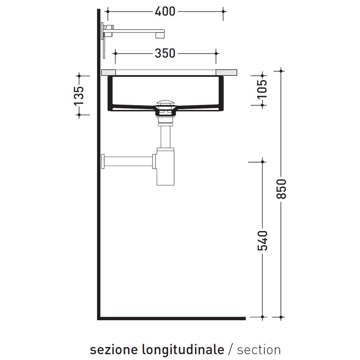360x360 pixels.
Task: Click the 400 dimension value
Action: click(x=165, y=11)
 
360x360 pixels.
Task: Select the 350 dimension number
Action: click(x=165, y=53)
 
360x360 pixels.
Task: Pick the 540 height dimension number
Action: click(x=263, y=240)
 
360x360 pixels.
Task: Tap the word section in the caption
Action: click(x=259, y=350)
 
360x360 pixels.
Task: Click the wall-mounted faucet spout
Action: click(x=140, y=32)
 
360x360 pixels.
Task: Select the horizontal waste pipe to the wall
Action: click(x=129, y=161)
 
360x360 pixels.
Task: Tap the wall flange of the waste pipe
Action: click(x=102, y=161)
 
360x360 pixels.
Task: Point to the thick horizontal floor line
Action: click(x=172, y=318)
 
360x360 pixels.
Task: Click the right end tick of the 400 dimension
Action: click(x=224, y=12)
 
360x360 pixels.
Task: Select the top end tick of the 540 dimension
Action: click(x=263, y=161)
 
